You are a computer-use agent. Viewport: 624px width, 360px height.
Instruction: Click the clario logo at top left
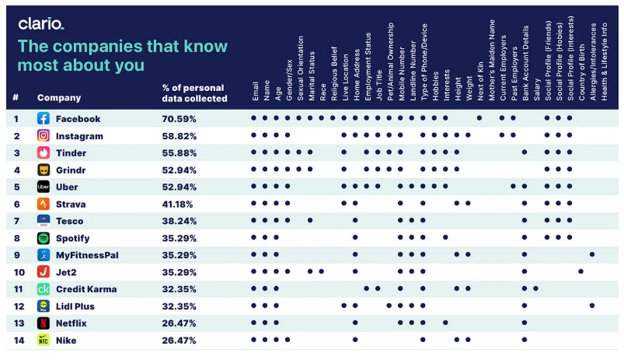[x=41, y=24]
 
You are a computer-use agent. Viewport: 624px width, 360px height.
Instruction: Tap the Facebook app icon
[x=44, y=118]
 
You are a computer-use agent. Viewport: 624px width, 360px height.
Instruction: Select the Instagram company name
[x=79, y=136]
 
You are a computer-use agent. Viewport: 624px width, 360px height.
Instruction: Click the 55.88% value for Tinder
[x=179, y=153]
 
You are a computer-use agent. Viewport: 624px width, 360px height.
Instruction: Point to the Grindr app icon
[x=44, y=170]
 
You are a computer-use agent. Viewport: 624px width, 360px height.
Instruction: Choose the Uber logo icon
[x=44, y=187]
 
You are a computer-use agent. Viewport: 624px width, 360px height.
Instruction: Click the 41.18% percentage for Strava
[x=177, y=204]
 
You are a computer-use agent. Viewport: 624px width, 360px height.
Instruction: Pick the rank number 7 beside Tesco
[x=16, y=221]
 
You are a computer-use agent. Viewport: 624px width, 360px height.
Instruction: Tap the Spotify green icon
[x=44, y=238]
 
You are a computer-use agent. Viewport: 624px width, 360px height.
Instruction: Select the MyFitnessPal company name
[x=87, y=255]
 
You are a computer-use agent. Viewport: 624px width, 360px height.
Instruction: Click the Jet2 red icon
[x=44, y=272]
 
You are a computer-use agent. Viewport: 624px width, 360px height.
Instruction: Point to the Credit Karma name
[x=86, y=289]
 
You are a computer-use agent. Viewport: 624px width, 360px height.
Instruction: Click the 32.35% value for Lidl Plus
[x=179, y=306]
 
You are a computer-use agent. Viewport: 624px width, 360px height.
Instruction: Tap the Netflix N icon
[x=44, y=323]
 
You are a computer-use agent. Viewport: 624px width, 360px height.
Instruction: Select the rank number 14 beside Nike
[x=19, y=341]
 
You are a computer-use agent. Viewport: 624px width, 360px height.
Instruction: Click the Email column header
[x=255, y=91]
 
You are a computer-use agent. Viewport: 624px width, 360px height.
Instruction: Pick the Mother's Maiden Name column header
[x=491, y=60]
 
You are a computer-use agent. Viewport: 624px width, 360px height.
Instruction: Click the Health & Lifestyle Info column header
[x=604, y=61]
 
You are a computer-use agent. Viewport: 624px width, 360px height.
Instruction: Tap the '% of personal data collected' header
[x=194, y=93]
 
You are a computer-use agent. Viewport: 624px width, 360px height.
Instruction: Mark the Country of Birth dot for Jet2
[x=581, y=271]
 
